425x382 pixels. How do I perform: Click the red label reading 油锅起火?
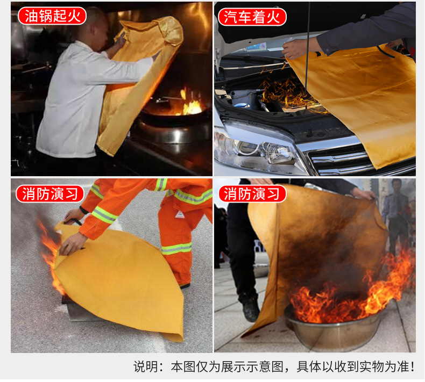click(x=52, y=16)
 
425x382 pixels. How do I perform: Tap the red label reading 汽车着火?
click(x=252, y=17)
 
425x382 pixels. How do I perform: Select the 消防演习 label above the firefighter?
click(x=50, y=194)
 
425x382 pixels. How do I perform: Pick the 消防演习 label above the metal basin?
click(x=252, y=194)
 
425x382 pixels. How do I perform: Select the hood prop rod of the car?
click(x=307, y=54)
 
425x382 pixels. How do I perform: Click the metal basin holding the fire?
click(x=334, y=330)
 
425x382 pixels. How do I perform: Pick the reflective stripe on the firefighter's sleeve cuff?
click(x=104, y=215)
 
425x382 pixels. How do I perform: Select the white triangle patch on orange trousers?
click(x=180, y=214)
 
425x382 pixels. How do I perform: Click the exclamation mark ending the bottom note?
click(x=412, y=367)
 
